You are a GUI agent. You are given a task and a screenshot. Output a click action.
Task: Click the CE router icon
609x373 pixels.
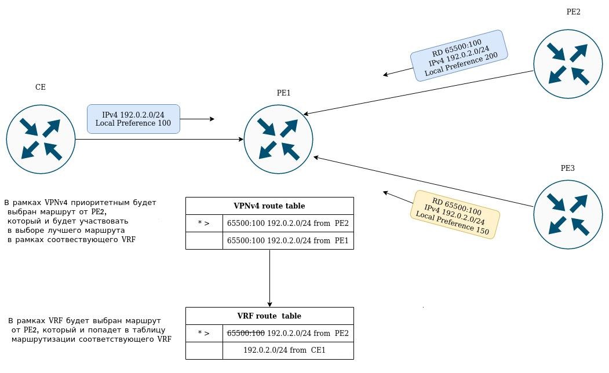[41, 139]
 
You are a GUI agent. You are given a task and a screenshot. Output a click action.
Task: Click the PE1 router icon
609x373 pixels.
[278, 139]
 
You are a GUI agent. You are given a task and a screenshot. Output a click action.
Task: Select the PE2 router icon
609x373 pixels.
[568, 64]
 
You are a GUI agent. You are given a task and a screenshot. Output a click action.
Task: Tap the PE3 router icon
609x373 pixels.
[567, 214]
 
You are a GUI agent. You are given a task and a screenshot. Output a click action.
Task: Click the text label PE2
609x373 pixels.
[573, 12]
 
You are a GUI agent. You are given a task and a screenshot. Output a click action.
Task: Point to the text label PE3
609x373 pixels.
[567, 169]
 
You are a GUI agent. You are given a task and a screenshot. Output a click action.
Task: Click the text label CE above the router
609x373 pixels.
[41, 87]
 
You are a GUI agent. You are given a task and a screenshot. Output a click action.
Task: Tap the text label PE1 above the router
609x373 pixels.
[283, 93]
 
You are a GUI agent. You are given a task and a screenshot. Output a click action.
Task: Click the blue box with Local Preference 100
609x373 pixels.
[133, 119]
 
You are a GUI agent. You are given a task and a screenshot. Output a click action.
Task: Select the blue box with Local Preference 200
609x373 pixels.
[459, 55]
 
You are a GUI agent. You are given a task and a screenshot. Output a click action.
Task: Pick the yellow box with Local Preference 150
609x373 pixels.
[455, 213]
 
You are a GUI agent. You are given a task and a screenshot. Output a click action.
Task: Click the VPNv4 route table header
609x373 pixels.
[269, 206]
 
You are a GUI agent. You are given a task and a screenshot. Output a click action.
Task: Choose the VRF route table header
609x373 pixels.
[269, 316]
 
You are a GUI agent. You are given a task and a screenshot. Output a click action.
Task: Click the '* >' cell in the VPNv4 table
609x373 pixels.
[204, 223]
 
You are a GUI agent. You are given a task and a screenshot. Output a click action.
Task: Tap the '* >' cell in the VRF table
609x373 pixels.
[204, 333]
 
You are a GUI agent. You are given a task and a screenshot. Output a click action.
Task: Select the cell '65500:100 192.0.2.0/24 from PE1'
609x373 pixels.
[288, 240]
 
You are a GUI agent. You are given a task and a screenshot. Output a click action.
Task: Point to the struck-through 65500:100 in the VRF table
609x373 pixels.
[246, 333]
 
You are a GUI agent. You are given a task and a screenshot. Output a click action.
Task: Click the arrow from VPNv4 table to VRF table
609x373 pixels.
[269, 278]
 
